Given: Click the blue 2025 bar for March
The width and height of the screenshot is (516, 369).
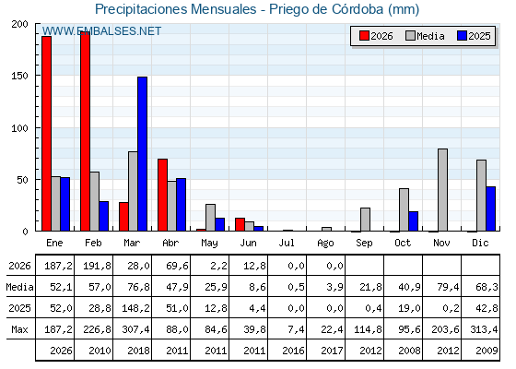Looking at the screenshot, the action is pos(143,154).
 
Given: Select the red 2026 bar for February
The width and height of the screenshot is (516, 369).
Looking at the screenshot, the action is pos(85,131).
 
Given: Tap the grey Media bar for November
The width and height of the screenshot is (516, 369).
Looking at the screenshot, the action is pos(442,190).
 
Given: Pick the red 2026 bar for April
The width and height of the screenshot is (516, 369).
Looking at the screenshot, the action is pos(162,195).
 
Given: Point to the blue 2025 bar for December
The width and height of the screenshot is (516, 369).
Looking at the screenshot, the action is pos(490,208).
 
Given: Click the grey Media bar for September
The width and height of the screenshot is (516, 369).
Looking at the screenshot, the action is pos(365,220).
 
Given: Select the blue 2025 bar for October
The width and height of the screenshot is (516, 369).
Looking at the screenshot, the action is pos(414,221).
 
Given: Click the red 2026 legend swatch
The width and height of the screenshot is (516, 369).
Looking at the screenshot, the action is pos(364,36).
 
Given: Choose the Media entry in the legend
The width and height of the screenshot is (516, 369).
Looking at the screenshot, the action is pos(425,36).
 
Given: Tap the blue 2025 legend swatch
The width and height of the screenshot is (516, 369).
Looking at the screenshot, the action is pos(462,36).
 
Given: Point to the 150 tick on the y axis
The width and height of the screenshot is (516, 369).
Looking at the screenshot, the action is pos(19,76).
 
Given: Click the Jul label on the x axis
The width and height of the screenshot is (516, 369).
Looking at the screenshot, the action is pos(287,244).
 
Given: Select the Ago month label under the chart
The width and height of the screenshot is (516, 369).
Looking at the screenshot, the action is pos(325,244).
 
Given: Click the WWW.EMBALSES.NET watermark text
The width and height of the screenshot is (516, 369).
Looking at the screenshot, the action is pos(101,31).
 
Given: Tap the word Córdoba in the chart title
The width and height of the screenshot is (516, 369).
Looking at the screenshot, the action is pos(358,9).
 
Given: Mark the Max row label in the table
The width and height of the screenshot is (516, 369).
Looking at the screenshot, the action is pos(19,329).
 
